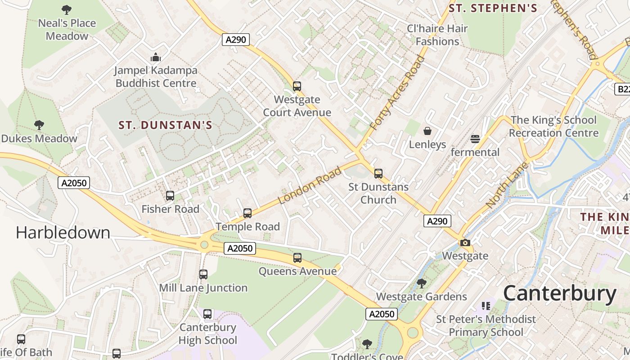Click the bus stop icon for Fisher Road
coord(170,196)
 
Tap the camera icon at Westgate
coord(465,243)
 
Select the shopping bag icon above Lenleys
coord(427,131)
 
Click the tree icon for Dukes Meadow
coord(39,125)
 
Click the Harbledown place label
coord(63,232)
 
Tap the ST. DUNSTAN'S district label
coord(165,125)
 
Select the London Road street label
coord(310,185)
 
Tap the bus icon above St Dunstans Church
coord(378,173)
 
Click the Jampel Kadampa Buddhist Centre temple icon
coord(156,57)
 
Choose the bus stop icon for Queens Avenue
coord(297,258)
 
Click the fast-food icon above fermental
coord(475,139)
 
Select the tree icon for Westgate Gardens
coord(422,283)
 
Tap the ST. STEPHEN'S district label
coord(493,8)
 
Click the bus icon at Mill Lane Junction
coord(203,274)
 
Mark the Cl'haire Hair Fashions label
coord(437,35)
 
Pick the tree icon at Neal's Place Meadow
coord(67,9)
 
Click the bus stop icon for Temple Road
coord(247,213)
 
